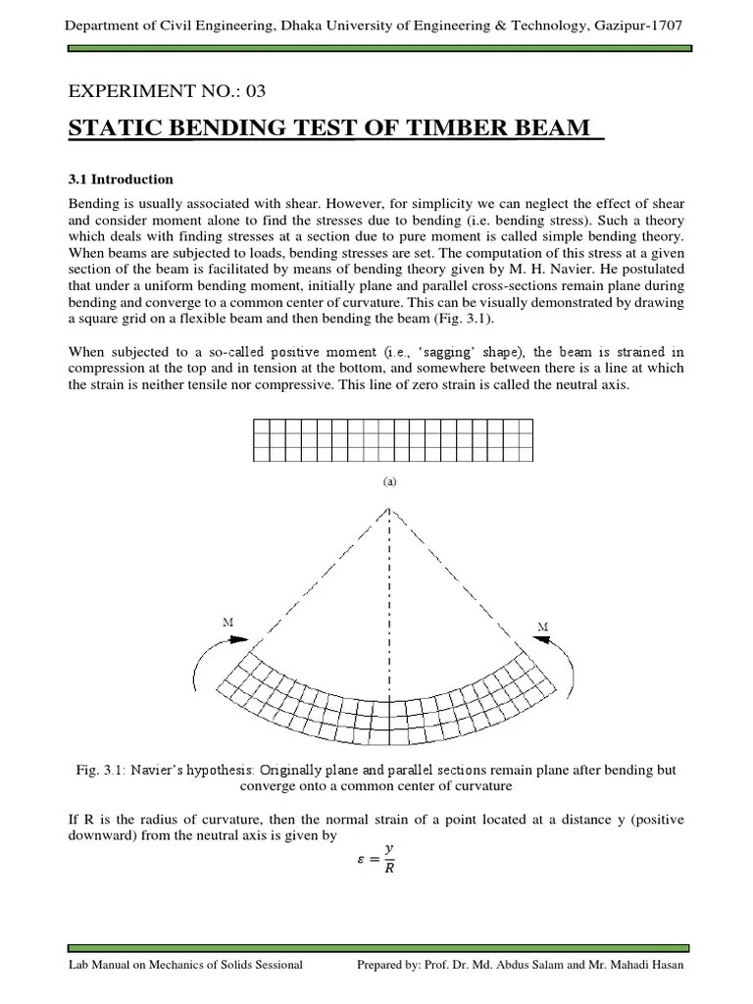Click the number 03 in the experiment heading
point(254,92)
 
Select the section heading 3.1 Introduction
point(121,179)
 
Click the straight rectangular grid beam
point(392,439)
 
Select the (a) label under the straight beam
point(389,481)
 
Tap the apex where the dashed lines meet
point(390,508)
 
